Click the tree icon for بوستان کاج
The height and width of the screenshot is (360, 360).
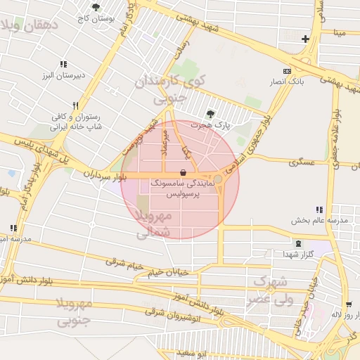[x=96, y=8]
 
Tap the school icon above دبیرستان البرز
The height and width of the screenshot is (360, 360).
[x=63, y=64]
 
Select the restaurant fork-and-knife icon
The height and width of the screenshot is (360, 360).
[x=76, y=105]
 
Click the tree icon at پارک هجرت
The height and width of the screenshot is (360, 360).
[x=210, y=114]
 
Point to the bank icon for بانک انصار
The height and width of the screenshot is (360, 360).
[x=287, y=71]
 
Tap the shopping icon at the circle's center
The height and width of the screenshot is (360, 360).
[x=183, y=172]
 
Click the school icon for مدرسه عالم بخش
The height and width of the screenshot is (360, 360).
[x=319, y=210]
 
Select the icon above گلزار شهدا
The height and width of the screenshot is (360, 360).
[x=300, y=243]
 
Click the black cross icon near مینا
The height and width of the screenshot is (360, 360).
[x=305, y=39]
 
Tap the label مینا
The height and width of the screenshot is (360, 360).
[x=340, y=32]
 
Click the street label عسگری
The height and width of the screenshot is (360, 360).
[x=302, y=162]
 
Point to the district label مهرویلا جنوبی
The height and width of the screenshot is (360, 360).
[x=74, y=313]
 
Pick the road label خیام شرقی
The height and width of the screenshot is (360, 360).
[x=122, y=262]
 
